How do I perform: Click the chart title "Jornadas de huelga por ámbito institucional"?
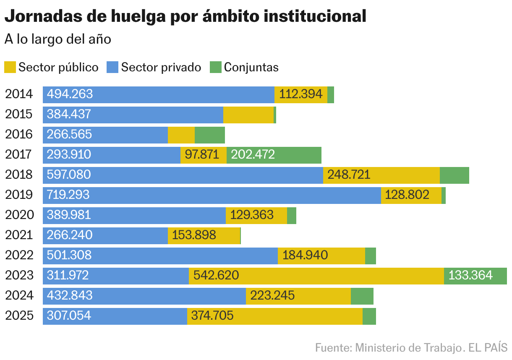pyautogui.click(x=185, y=16)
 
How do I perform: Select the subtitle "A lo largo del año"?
pyautogui.click(x=57, y=39)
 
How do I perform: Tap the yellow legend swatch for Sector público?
pyautogui.click(x=10, y=67)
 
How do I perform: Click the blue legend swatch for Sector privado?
pyautogui.click(x=112, y=67)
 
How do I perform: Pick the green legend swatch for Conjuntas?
pyautogui.click(x=215, y=67)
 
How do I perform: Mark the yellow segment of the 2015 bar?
pyautogui.click(x=248, y=115)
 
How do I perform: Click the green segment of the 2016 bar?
pyautogui.click(x=209, y=135)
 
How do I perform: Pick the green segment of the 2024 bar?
pyautogui.click(x=362, y=296)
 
